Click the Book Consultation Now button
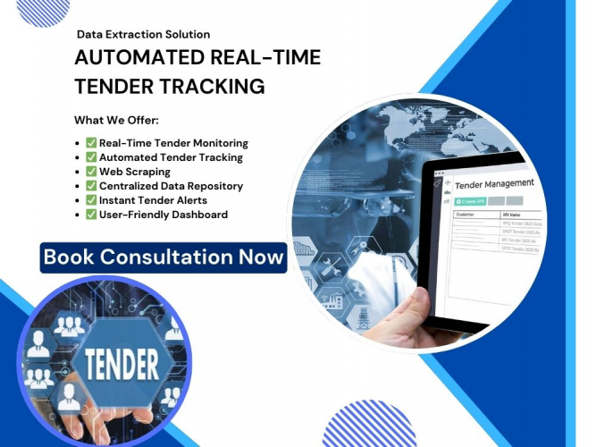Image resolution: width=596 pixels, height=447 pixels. (x=164, y=257)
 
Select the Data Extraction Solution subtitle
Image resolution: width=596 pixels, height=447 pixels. (x=143, y=34)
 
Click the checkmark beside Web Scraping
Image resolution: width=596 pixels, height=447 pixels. (x=91, y=172)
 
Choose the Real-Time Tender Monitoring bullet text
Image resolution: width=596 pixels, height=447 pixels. (x=173, y=143)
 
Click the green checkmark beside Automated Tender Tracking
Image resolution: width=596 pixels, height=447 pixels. (x=91, y=157)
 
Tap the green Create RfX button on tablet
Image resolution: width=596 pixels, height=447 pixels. (x=469, y=201)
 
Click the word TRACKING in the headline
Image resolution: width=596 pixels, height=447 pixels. (x=218, y=87)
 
